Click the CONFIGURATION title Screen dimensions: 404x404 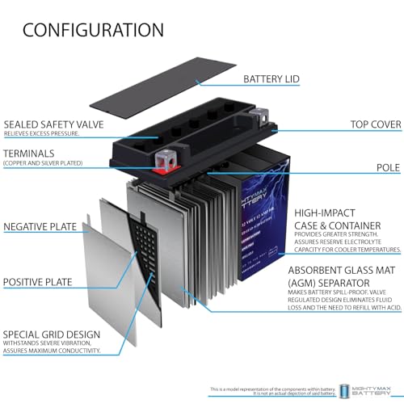tap(93, 31)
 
